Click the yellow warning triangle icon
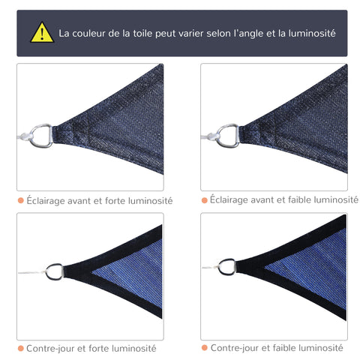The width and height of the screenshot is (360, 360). point(42,33)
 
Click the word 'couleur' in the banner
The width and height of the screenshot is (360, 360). point(94,34)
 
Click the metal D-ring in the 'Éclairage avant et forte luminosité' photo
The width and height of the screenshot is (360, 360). point(41,135)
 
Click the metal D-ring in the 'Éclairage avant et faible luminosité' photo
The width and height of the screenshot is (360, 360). point(227,135)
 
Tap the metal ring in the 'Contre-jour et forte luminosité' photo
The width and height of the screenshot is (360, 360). point(54,271)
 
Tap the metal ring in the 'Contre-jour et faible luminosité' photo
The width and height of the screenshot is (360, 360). point(226,266)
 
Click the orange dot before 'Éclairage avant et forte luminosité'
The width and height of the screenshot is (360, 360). point(20,201)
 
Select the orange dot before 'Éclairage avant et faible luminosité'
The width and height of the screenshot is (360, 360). point(204,200)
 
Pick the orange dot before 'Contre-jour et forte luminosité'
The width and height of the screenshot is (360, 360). point(20,348)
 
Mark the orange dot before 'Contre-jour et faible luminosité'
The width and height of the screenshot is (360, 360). point(204,348)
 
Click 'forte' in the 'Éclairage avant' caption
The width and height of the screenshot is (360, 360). point(112,201)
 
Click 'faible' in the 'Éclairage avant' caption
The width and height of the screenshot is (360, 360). point(296,199)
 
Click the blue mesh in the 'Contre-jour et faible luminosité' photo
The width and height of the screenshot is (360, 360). point(315,266)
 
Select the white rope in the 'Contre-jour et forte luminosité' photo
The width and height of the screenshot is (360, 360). point(30,274)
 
